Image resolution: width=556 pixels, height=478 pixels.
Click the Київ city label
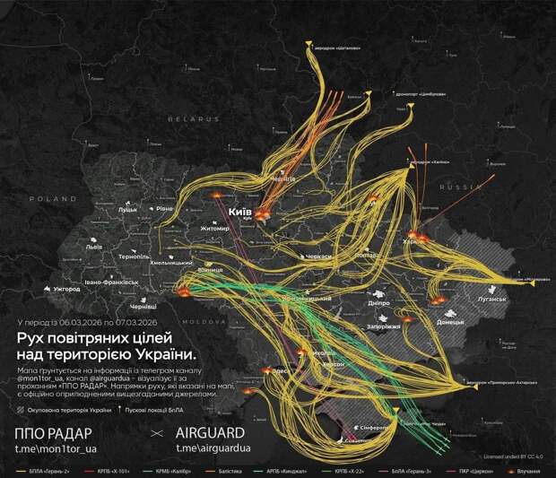coord(240,211)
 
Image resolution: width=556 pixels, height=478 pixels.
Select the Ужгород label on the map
coord(66,290)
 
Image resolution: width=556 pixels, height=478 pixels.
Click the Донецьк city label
coord(448,320)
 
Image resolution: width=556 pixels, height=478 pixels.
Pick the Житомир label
coord(215,229)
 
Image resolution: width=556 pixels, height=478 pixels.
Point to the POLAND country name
coord(52,198)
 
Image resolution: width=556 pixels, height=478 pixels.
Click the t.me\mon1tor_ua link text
coord(61,448)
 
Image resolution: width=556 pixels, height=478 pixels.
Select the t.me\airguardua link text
coord(213,448)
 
